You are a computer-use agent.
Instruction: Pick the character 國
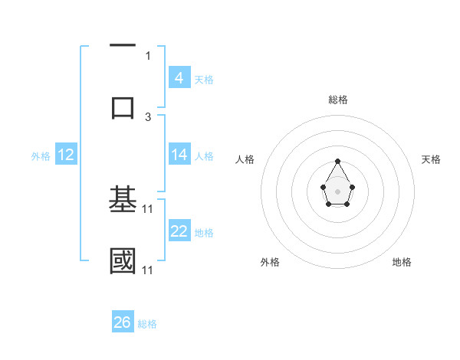click(x=123, y=261)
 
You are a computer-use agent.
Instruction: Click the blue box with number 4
click(x=179, y=78)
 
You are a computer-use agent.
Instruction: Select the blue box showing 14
click(x=179, y=155)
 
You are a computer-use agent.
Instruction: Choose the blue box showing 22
click(x=179, y=231)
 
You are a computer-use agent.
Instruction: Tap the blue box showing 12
click(x=66, y=155)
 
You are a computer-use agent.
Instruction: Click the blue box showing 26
click(x=122, y=322)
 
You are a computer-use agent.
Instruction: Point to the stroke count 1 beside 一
click(x=148, y=55)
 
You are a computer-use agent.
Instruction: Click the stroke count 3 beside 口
click(x=148, y=116)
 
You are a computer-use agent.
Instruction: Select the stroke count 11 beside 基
click(x=148, y=208)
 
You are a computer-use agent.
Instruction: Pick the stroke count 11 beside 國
click(x=148, y=270)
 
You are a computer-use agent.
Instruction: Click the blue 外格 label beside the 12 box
click(x=41, y=155)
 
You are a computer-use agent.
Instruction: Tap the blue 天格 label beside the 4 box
click(x=204, y=79)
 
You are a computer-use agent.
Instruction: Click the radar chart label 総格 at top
click(x=337, y=100)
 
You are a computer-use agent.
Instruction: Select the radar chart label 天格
click(x=431, y=159)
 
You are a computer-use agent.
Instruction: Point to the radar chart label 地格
click(x=402, y=262)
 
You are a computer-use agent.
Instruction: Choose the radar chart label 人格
click(x=245, y=159)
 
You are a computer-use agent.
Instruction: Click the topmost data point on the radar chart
click(x=337, y=161)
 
